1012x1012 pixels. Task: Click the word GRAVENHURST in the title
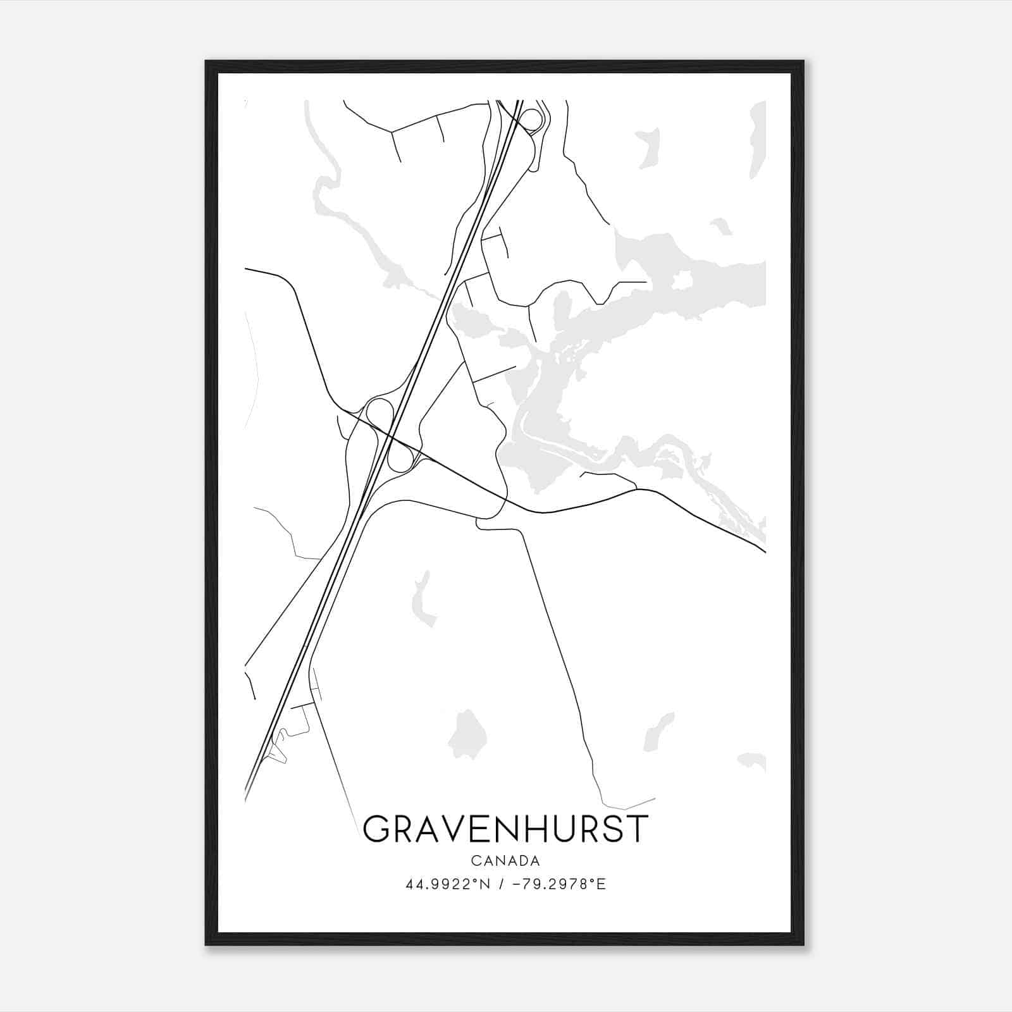pos(506,829)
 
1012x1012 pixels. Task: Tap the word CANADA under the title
pos(505,861)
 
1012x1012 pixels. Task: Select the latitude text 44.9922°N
pos(448,884)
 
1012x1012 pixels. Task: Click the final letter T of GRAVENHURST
pos(638,829)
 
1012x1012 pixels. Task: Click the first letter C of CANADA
pos(474,861)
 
